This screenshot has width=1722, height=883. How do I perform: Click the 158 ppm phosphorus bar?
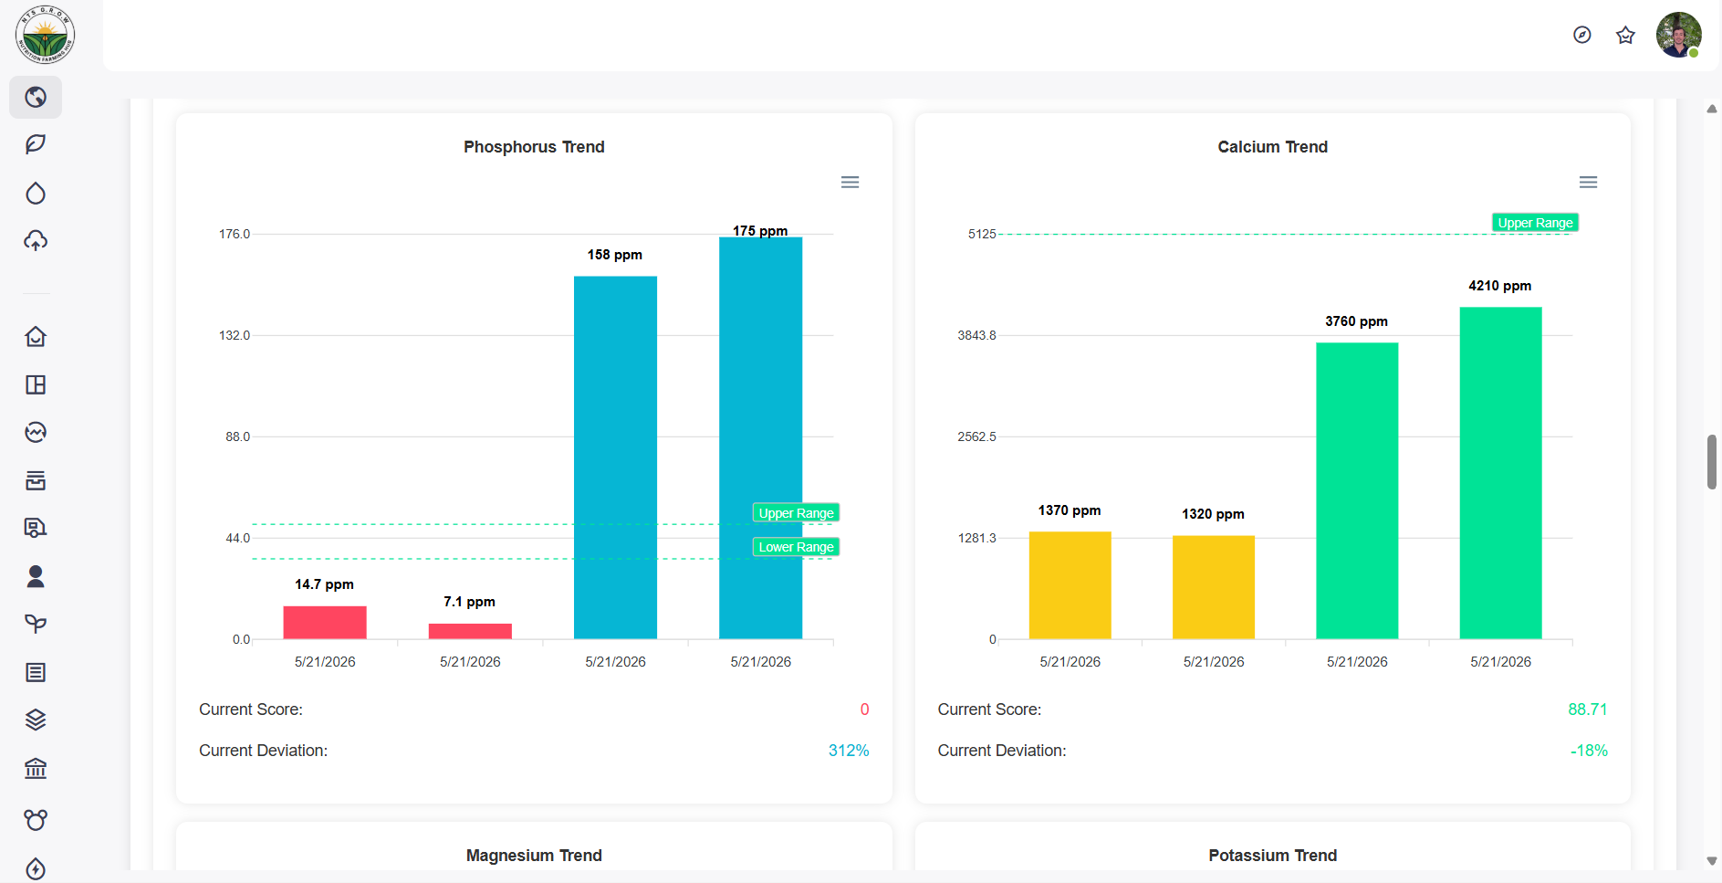[x=615, y=457]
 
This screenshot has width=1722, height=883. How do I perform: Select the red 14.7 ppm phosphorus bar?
[x=325, y=623]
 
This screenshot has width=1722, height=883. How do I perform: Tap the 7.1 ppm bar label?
[x=469, y=602]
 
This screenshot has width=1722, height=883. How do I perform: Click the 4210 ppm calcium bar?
[x=1500, y=473]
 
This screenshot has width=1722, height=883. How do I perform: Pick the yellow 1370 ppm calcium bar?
[x=1070, y=585]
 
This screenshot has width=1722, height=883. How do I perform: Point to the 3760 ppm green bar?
[x=1357, y=491]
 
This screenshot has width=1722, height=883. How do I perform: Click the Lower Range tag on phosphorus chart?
[x=796, y=547]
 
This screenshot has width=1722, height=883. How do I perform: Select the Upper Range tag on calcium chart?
[x=1535, y=223]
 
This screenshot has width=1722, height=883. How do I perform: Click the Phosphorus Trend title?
[x=534, y=147]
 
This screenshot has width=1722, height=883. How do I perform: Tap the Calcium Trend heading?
[x=1272, y=147]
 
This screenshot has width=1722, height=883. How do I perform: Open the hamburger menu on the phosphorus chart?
[x=850, y=183]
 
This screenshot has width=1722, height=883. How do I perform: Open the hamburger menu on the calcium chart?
[x=1588, y=183]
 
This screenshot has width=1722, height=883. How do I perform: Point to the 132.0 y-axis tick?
[x=235, y=335]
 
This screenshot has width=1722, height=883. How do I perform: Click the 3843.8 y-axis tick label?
[x=976, y=335]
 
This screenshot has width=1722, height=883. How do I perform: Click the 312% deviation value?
[x=849, y=751]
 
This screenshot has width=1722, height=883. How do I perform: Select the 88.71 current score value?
[x=1588, y=710]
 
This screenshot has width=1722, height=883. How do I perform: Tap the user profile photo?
[x=1679, y=35]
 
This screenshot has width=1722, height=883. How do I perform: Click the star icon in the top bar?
[x=1625, y=35]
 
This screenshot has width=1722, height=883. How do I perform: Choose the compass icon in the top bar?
[x=1582, y=35]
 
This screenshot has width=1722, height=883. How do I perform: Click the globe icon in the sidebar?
[x=36, y=97]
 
